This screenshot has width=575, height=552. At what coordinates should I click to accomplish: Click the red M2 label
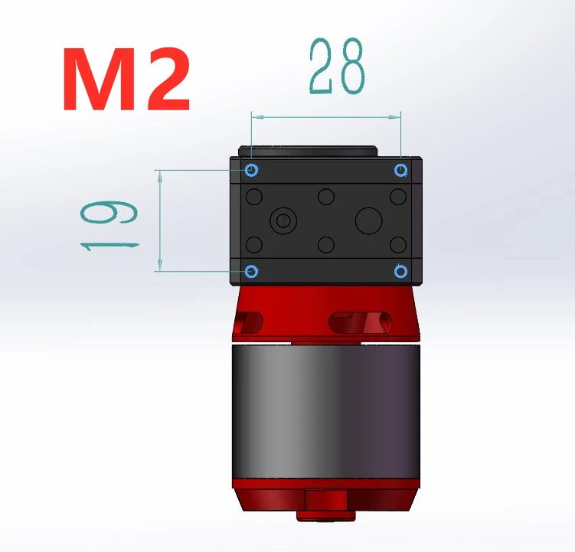tap(126, 79)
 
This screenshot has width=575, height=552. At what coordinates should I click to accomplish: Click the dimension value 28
tap(338, 66)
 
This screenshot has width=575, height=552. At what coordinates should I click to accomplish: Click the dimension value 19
tap(109, 225)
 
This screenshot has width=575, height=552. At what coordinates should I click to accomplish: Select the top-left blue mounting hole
tap(252, 170)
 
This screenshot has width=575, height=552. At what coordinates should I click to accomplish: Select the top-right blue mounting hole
tap(400, 170)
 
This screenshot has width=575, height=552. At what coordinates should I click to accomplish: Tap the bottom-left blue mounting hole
tap(251, 272)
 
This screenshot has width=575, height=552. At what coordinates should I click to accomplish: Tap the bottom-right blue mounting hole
tap(400, 272)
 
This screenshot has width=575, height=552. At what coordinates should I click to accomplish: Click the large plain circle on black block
tap(369, 220)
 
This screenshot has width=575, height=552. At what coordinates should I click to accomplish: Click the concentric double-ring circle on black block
tap(283, 220)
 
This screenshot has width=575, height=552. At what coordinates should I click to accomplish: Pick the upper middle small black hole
tap(326, 197)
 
